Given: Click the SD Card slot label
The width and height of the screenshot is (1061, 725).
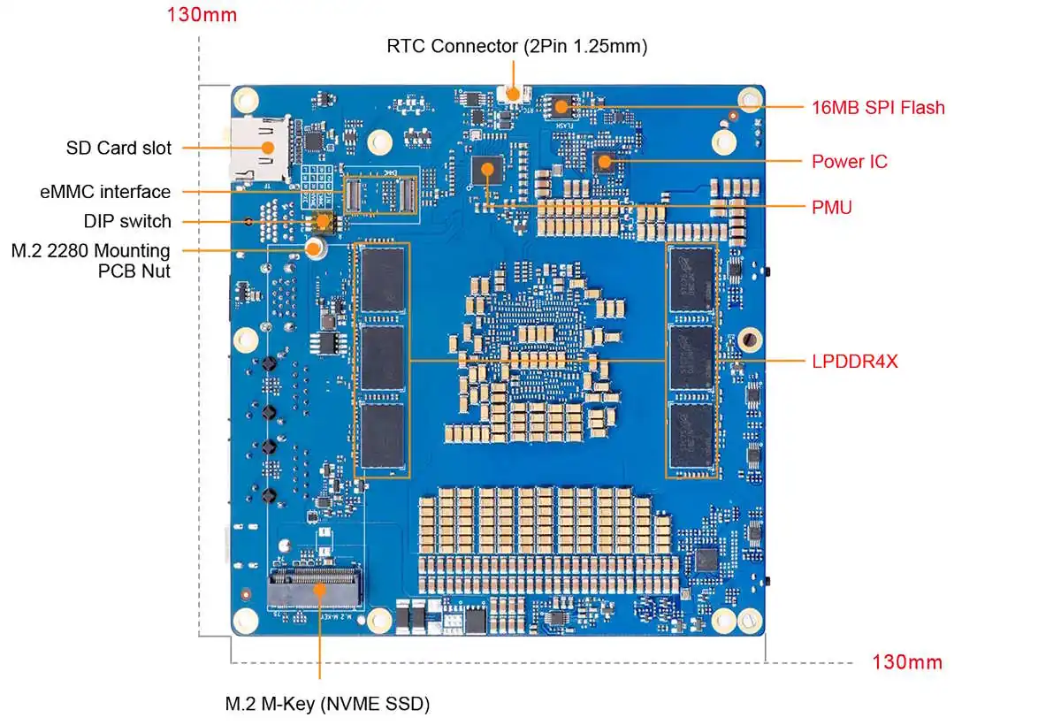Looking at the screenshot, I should click(x=118, y=148).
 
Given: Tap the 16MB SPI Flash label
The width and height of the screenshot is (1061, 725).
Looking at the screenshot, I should click(x=878, y=108).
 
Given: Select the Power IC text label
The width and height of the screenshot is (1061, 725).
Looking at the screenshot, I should click(x=849, y=162).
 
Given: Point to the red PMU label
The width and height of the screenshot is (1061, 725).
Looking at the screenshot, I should click(x=831, y=209).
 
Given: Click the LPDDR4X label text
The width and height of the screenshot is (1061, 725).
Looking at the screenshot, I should click(x=854, y=361).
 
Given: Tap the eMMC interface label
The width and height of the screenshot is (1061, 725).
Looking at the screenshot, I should click(x=105, y=192).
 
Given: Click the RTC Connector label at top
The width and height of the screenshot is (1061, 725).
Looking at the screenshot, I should click(x=516, y=46).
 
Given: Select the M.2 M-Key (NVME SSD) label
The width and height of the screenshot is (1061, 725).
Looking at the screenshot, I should click(x=327, y=704).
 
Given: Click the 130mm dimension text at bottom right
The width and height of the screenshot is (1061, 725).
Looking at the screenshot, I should click(x=907, y=661).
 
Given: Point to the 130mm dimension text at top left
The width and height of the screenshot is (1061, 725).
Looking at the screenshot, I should click(x=202, y=16).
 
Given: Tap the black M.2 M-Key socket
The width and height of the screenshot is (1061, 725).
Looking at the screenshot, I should click(x=316, y=587).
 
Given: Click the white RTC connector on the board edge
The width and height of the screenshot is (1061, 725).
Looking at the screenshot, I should click(x=513, y=93).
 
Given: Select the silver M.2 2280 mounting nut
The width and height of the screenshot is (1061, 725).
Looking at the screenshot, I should click(x=314, y=250).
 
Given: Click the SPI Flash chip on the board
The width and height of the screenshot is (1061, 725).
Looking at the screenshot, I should click(x=559, y=107).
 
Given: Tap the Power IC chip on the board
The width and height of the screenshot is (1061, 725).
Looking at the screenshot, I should click(x=605, y=161).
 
